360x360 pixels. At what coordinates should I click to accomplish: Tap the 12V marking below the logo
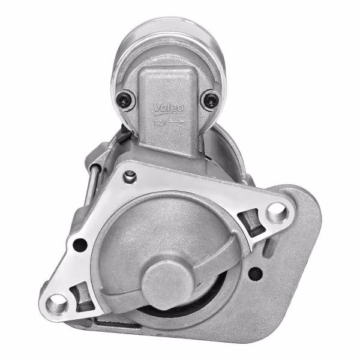coord(159,122)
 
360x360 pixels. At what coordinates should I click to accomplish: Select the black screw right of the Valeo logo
coord(210,100)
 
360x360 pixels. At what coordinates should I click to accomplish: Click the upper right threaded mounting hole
coord(276,211)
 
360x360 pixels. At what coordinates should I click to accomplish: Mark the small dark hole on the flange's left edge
coord(79,244)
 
